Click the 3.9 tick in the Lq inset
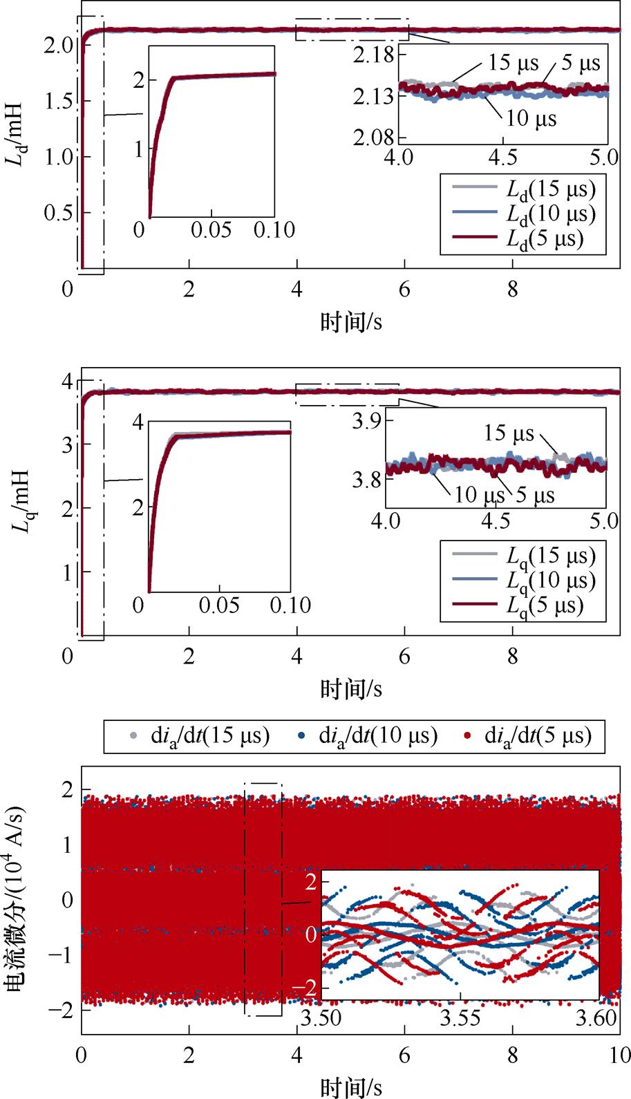point(368,421)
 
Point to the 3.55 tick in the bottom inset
point(461,1017)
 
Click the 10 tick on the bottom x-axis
point(619,1055)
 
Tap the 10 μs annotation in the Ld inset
point(531,118)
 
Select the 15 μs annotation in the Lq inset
point(509,433)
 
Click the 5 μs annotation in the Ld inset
point(581,64)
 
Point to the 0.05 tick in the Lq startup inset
point(219,605)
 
